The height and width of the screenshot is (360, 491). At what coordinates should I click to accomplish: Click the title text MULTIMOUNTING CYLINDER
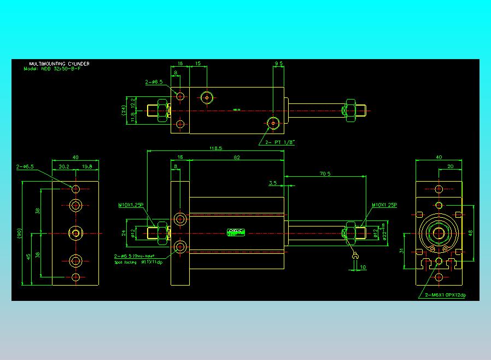tap(60, 64)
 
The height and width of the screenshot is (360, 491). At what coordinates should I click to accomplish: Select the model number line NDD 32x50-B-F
tap(57, 69)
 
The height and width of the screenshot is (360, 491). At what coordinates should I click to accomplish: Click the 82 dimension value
tap(236, 158)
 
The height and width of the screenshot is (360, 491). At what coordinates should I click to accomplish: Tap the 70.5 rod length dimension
tap(325, 174)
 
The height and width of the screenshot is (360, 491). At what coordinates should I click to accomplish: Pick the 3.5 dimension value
tap(272, 183)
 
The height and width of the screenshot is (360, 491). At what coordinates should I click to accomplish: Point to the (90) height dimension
tap(19, 234)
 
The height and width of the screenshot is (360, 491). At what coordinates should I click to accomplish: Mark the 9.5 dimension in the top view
tap(278, 64)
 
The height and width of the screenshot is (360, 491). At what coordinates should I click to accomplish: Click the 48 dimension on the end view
tap(470, 233)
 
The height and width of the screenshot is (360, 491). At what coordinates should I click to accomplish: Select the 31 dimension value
tap(401, 251)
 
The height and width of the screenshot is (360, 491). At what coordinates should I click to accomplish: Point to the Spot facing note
tap(125, 262)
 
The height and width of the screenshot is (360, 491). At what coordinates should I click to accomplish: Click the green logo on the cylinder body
tap(236, 232)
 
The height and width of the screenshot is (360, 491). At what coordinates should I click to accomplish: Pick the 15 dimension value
tap(198, 64)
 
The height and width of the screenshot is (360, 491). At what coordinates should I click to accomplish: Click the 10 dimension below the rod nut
tap(364, 267)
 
